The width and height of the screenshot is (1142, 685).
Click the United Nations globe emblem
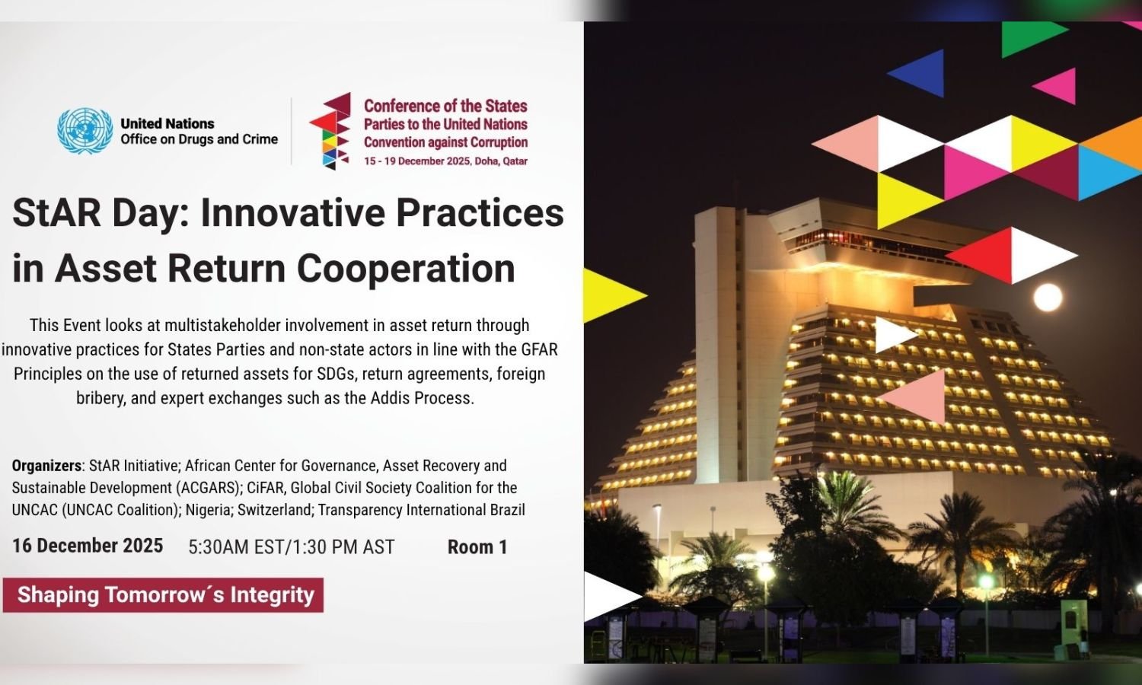(85, 131)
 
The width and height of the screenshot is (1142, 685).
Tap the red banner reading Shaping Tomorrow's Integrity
(163, 594)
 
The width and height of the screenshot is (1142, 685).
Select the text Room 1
(477, 547)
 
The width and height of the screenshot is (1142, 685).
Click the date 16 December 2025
(88, 546)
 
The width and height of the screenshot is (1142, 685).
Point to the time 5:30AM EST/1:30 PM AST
(292, 547)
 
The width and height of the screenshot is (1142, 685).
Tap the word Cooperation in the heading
(406, 269)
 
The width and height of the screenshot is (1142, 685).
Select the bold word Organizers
(46, 466)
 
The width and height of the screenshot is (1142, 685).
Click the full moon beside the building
(1048, 297)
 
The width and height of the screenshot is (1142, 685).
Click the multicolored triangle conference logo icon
(330, 131)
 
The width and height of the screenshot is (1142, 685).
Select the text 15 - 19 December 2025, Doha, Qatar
(445, 161)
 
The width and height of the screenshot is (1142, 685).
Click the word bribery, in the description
(101, 398)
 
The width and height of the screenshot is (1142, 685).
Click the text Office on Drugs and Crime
(199, 139)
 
